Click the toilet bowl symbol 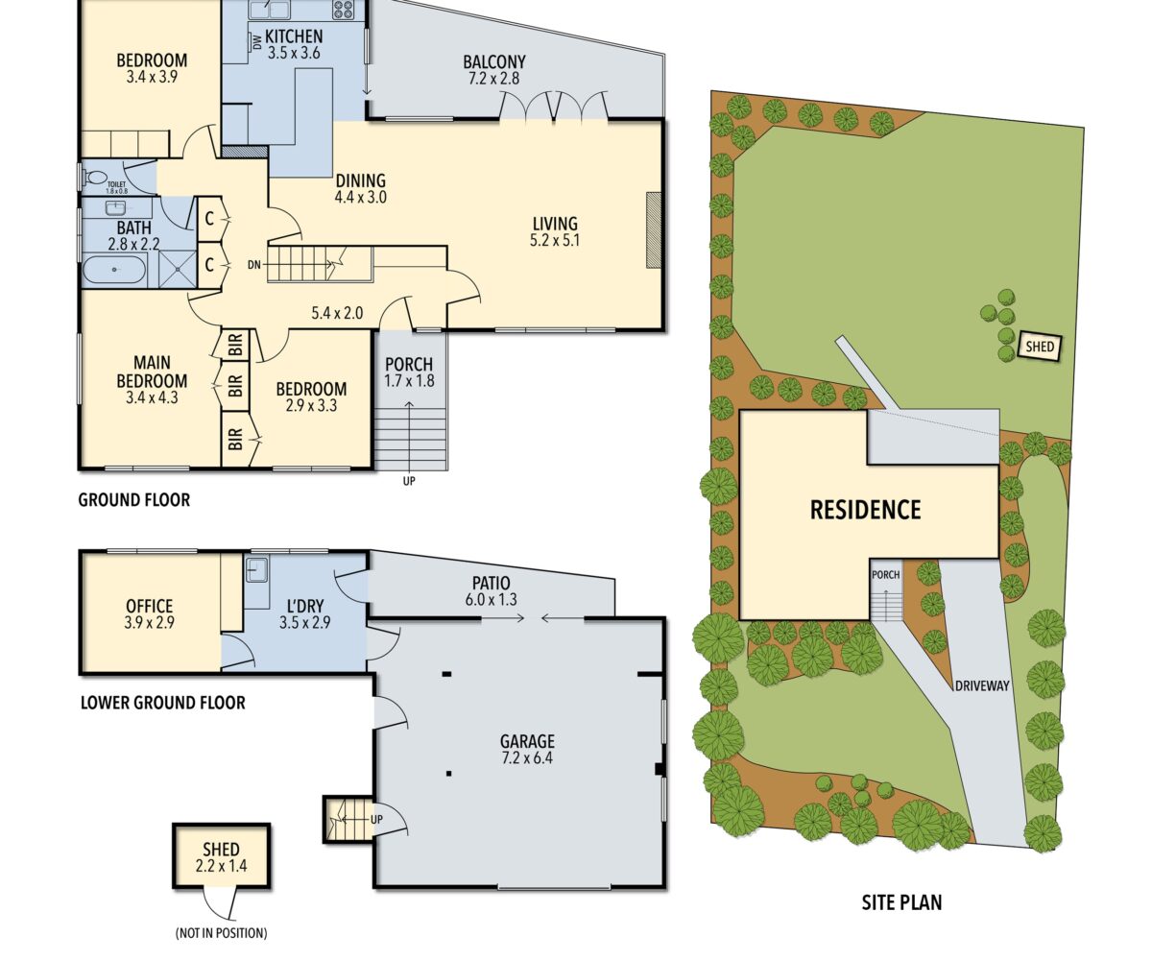click(94, 177)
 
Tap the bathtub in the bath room click(114, 270)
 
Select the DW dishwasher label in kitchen click(257, 42)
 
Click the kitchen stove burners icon click(344, 9)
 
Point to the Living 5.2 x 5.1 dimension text click(555, 241)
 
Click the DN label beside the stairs click(253, 265)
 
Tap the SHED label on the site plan click(1040, 347)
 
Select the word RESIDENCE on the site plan click(865, 509)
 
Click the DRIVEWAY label click(982, 685)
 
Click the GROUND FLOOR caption click(134, 500)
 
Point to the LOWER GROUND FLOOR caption click(163, 703)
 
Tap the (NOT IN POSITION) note click(221, 932)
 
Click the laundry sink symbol click(256, 569)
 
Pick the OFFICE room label click(150, 607)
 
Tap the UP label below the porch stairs click(409, 481)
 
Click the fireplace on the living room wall click(654, 230)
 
